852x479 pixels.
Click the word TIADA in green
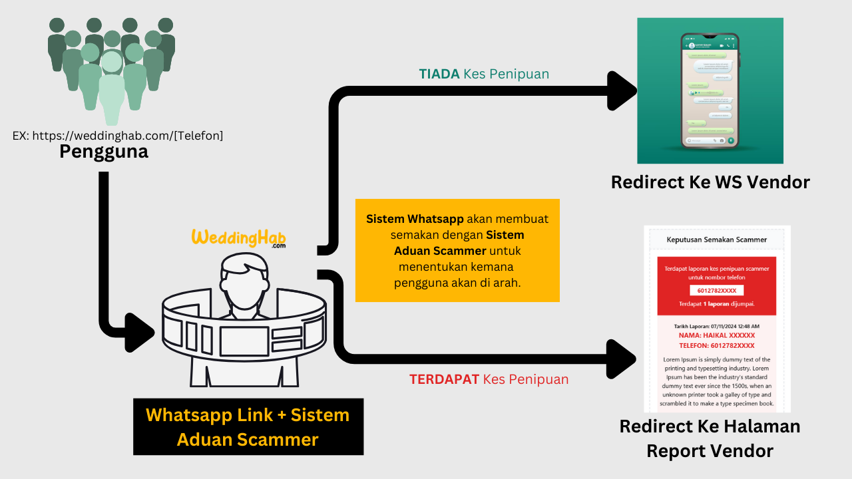point(439,74)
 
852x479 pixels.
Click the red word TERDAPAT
point(444,379)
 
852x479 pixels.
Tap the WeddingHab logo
point(239,238)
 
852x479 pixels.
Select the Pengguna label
point(104,152)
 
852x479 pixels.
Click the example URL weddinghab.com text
point(118,135)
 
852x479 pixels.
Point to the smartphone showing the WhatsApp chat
point(710,90)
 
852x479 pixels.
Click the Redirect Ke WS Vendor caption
point(710,182)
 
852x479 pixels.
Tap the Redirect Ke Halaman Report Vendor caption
point(710,438)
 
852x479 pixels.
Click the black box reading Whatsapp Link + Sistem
point(248,426)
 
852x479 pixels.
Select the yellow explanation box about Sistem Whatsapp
point(457,250)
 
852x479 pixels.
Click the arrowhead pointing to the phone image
point(623,91)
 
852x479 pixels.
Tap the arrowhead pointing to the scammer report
point(623,359)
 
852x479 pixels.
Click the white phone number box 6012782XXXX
point(716,291)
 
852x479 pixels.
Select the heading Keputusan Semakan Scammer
point(716,239)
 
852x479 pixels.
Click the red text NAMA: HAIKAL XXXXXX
point(717,336)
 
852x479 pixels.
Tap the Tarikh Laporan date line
point(717,326)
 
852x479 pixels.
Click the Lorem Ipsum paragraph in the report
point(717,381)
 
